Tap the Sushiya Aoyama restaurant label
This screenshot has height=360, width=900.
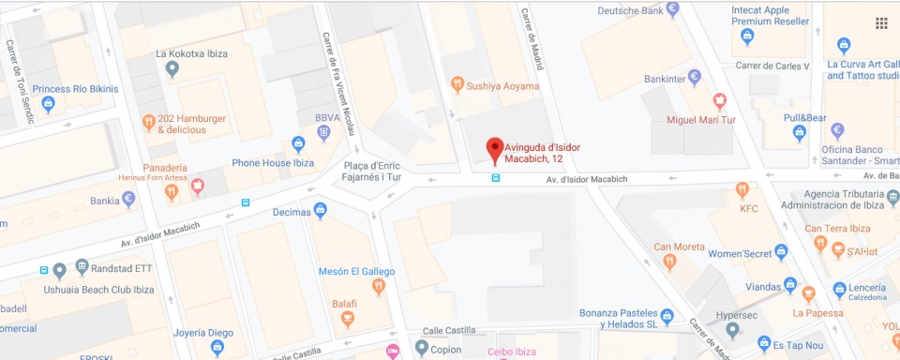coord(502,86)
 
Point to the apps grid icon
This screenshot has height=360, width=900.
coord(881,22)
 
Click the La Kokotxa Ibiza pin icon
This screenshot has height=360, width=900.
coord(172,68)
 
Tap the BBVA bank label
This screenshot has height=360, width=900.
coord(327,117)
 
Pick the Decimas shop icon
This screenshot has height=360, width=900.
coord(320,211)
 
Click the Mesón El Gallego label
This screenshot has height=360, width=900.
coord(356,271)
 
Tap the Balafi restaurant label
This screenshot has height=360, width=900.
coord(345,304)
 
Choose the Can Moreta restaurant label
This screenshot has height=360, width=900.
coord(679,247)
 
